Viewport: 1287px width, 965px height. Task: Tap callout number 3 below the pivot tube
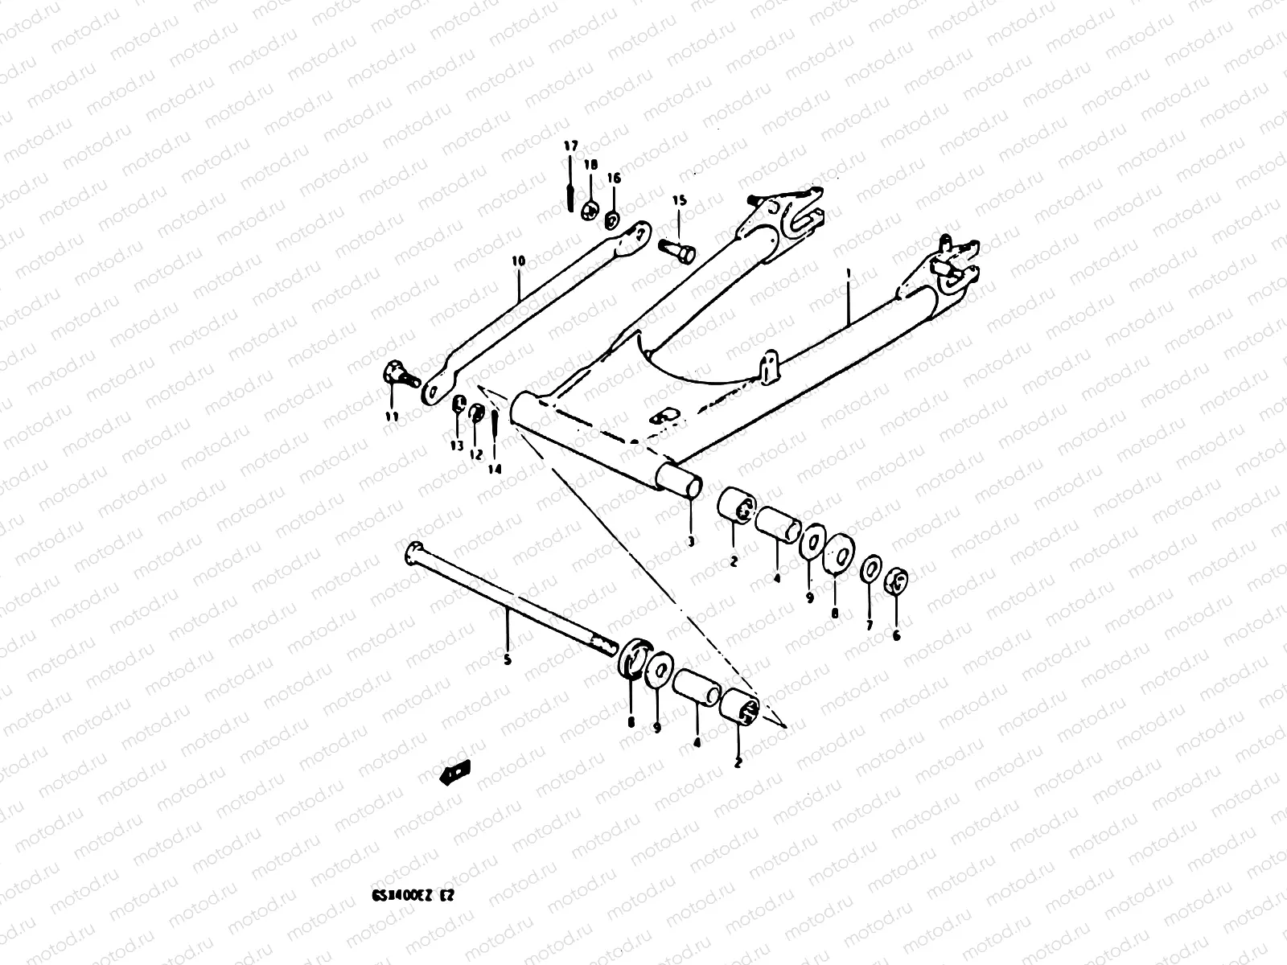(x=690, y=542)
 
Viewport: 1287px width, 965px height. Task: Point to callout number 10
(x=518, y=261)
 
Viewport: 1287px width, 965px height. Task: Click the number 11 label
(x=392, y=416)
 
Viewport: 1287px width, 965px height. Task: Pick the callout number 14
(x=495, y=469)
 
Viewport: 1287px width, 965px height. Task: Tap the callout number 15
(x=680, y=200)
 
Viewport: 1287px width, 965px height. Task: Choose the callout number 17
(x=569, y=146)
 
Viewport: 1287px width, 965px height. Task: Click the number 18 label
(x=591, y=165)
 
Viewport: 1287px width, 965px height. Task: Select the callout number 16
(x=614, y=178)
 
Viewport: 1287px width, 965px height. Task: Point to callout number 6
(x=897, y=634)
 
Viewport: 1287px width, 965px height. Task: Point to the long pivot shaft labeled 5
(x=515, y=600)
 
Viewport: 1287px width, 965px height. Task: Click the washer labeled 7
(x=870, y=569)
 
